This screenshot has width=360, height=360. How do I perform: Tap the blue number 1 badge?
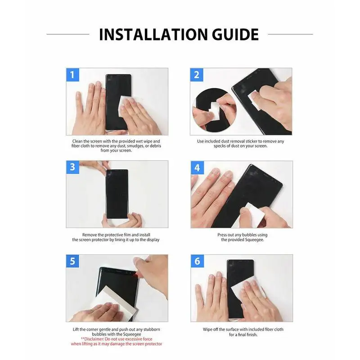(x=72, y=74)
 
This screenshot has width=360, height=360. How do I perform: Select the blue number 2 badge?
(x=197, y=74)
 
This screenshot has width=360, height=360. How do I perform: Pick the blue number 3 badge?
(x=72, y=167)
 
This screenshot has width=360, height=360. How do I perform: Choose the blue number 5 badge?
(x=72, y=261)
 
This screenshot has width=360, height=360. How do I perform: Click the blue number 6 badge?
(x=197, y=261)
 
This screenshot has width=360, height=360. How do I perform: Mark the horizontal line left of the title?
(x=67, y=34)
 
